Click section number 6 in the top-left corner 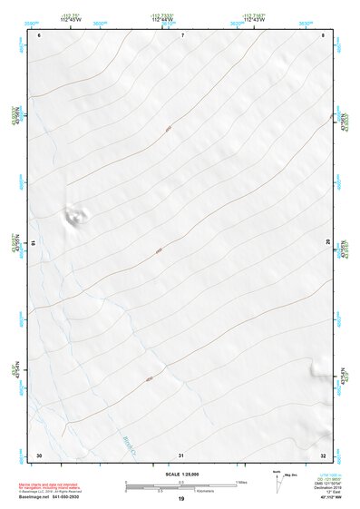coord(41,34)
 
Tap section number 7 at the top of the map coord(182,34)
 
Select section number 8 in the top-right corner coord(323,34)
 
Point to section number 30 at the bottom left coord(39,455)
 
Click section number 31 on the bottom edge coord(182,455)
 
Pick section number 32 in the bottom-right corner coord(323,455)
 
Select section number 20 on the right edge coord(327,241)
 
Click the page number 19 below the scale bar coord(181,499)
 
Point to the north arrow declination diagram coord(280,482)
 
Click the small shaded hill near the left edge coord(75,216)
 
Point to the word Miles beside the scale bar coord(242,481)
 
